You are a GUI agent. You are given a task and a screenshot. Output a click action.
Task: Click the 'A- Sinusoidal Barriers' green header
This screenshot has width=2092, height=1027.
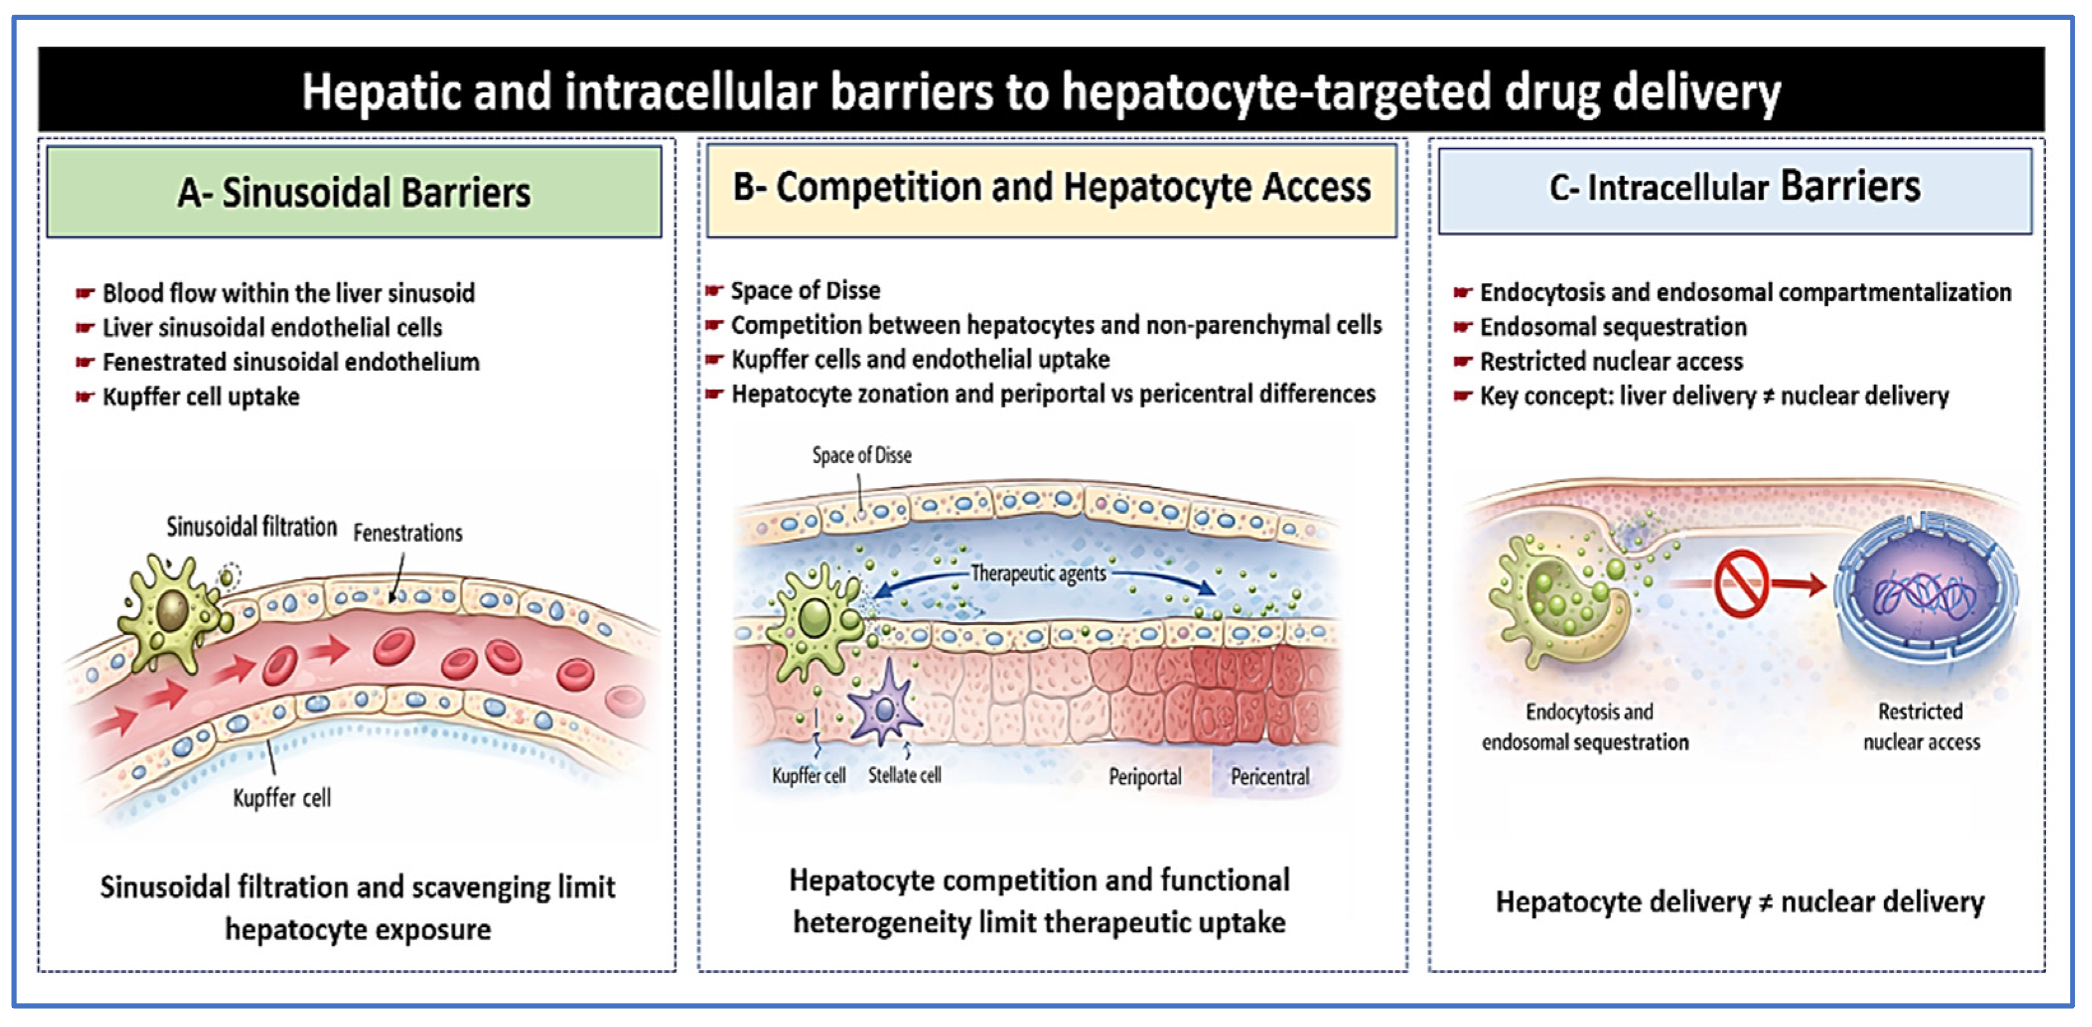[354, 193]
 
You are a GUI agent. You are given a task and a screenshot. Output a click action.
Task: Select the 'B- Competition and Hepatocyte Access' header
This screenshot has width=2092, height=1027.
[1051, 187]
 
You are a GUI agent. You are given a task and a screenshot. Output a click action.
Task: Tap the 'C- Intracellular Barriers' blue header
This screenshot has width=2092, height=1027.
[1735, 187]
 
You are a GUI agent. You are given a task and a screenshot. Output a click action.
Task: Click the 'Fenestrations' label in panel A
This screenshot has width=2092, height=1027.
[408, 534]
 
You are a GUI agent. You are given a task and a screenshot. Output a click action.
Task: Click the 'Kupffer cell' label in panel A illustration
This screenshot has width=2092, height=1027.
[282, 798]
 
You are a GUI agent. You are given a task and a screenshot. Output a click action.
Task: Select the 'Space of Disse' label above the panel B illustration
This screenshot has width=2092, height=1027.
[862, 455]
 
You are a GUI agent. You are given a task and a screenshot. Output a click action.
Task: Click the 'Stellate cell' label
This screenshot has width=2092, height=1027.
[904, 775]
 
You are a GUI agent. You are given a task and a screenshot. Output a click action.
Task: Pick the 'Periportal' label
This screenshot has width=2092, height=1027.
[1145, 777]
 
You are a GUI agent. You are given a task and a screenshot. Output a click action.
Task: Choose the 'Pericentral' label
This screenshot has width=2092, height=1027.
[1270, 777]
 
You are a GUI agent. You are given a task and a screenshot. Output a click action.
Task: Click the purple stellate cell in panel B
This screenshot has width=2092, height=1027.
[885, 704]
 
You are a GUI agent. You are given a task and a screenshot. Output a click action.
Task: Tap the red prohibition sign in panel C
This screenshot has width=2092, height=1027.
[1741, 583]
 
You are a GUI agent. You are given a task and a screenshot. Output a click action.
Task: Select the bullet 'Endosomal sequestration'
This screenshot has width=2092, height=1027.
[1613, 326]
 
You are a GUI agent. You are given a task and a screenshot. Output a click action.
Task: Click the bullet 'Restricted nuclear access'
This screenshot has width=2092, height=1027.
[1611, 361]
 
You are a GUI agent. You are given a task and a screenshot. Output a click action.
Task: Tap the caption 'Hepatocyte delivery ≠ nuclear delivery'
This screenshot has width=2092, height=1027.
[1739, 902]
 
